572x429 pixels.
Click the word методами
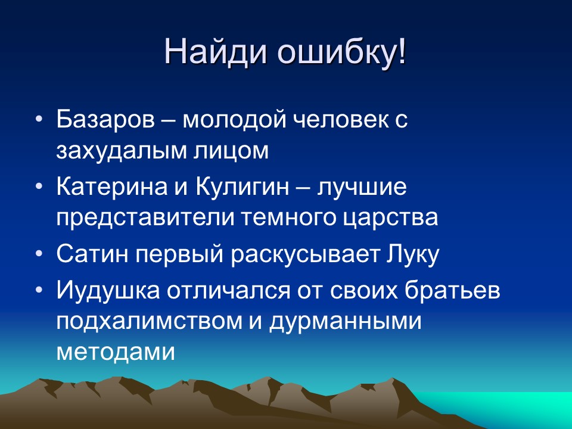click(x=116, y=352)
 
